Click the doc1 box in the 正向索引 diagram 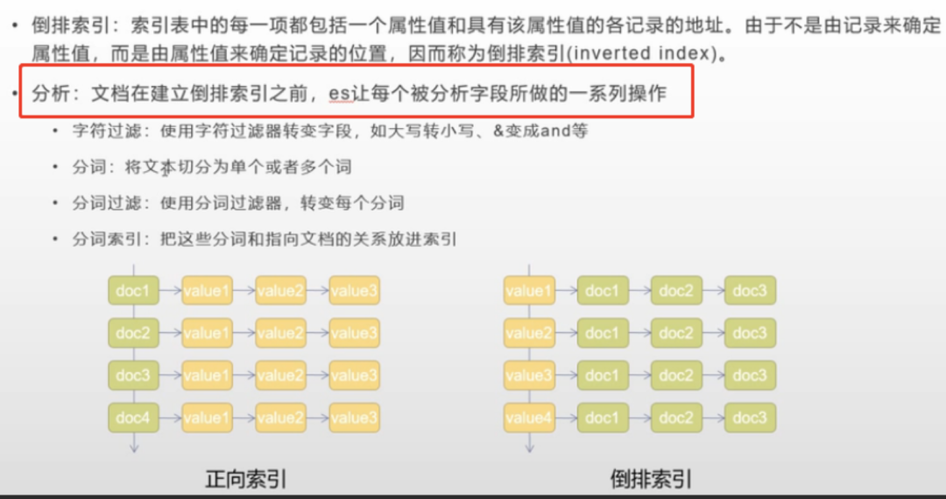[132, 290]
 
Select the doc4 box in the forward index [132, 417]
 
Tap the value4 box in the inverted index [529, 417]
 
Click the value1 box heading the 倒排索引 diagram [529, 290]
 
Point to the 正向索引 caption [246, 479]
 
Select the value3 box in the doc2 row [355, 332]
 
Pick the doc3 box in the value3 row [750, 375]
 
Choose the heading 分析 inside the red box [48, 92]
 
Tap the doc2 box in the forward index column [132, 332]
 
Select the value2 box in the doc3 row [280, 375]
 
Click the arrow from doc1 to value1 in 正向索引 [168, 290]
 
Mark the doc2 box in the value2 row [676, 332]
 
